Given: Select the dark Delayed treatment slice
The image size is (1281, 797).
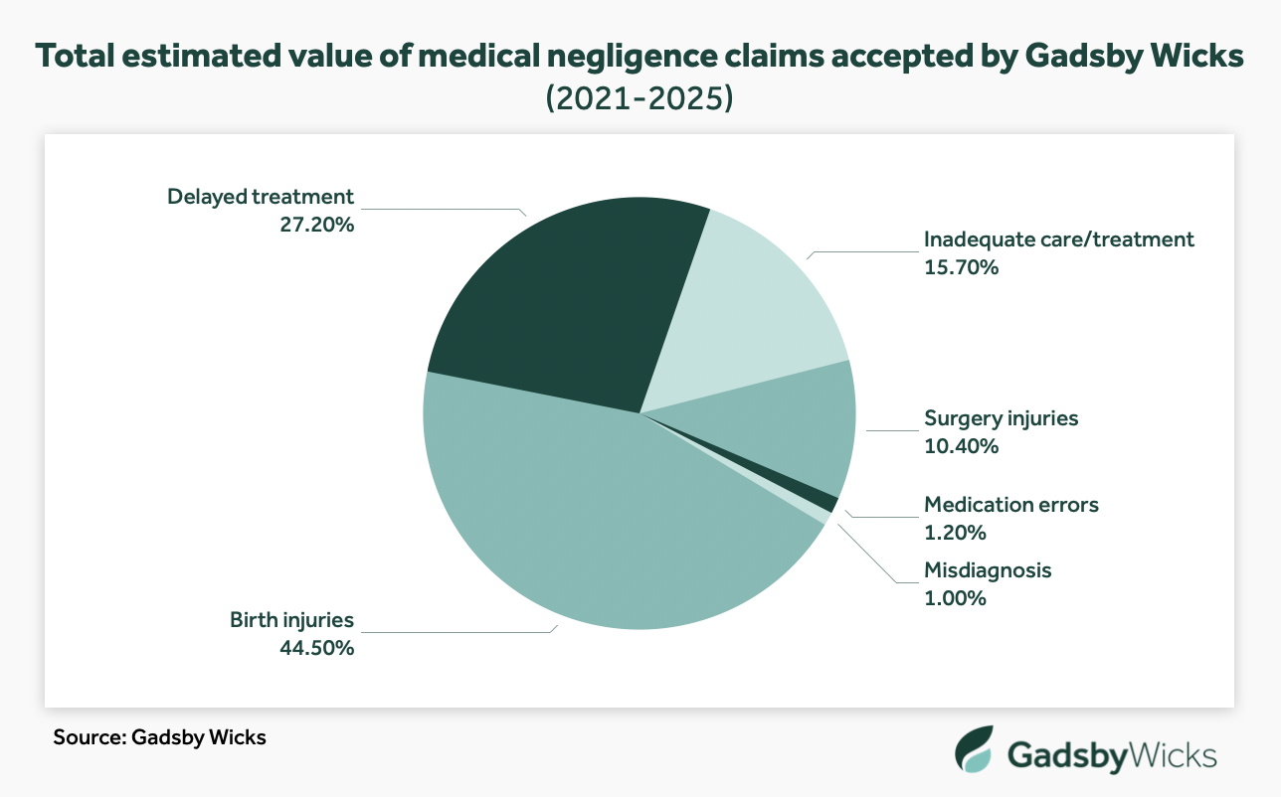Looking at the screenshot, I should (x=557, y=308).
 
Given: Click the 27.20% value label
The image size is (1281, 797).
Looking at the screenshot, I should (x=316, y=225).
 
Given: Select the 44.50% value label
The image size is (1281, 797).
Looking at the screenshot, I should (x=316, y=648).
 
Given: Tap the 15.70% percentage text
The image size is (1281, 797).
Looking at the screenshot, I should (x=961, y=267).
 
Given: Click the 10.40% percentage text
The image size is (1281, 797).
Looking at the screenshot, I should (x=961, y=446).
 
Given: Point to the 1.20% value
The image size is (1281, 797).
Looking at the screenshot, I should (x=955, y=533).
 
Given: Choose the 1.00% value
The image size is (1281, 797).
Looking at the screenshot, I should (x=955, y=598).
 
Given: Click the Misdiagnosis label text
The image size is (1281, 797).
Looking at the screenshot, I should (x=987, y=570).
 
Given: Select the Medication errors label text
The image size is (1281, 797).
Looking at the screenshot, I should (x=1011, y=505).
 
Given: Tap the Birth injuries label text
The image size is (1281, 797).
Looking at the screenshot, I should (x=291, y=620).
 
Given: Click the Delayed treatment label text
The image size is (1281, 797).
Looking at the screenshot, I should (x=261, y=196).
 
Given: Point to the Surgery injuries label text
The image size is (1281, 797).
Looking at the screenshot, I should (x=1001, y=417).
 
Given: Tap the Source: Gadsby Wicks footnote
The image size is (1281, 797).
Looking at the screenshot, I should (x=160, y=738).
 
